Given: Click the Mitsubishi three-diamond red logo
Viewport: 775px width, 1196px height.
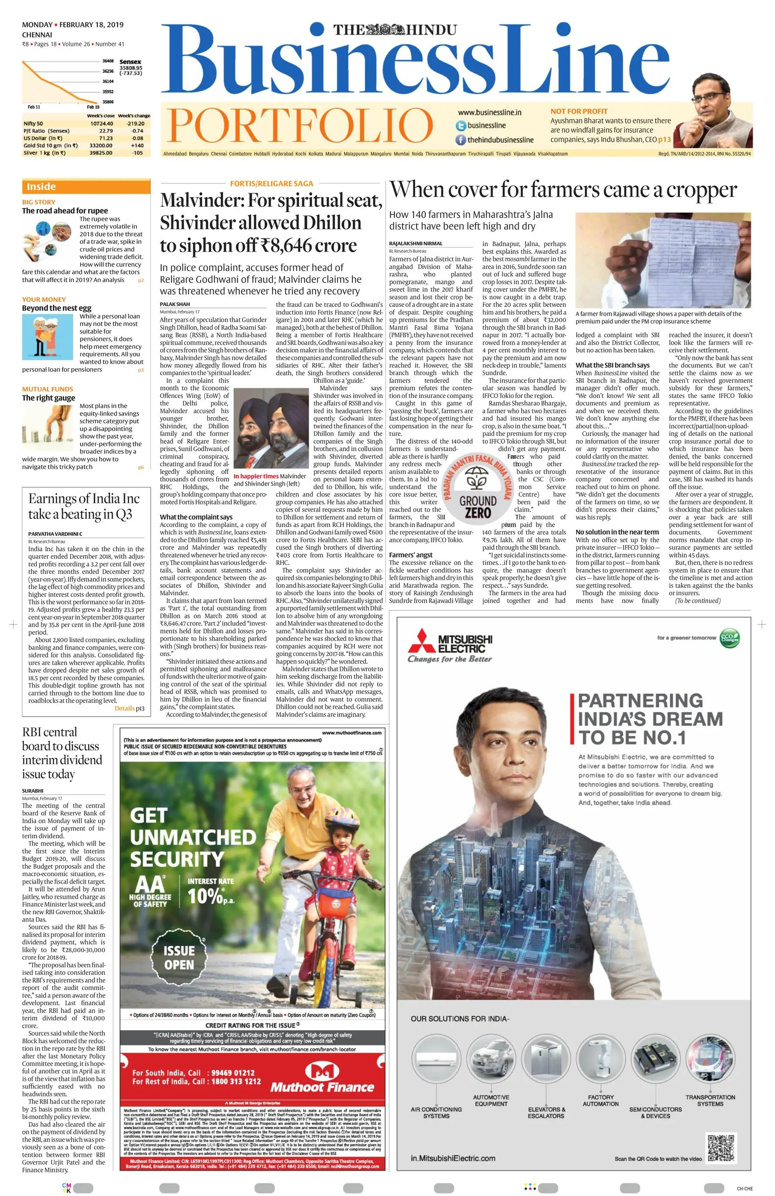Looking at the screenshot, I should click(x=421, y=644).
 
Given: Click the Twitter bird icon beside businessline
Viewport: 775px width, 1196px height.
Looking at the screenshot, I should click(x=461, y=126).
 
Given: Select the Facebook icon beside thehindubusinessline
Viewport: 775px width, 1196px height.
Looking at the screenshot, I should click(x=461, y=140).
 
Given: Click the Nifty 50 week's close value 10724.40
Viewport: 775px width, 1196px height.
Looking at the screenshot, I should click(x=102, y=123).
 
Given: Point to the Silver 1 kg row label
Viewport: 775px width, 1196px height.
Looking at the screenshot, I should click(x=44, y=153).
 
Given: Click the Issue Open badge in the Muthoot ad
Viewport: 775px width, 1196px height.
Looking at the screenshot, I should click(x=179, y=957).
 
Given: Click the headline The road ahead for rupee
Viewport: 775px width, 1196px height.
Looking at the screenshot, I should click(x=65, y=211).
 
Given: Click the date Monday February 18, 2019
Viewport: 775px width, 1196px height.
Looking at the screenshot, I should click(x=73, y=24).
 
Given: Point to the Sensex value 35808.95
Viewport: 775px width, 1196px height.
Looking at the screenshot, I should click(x=130, y=67).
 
